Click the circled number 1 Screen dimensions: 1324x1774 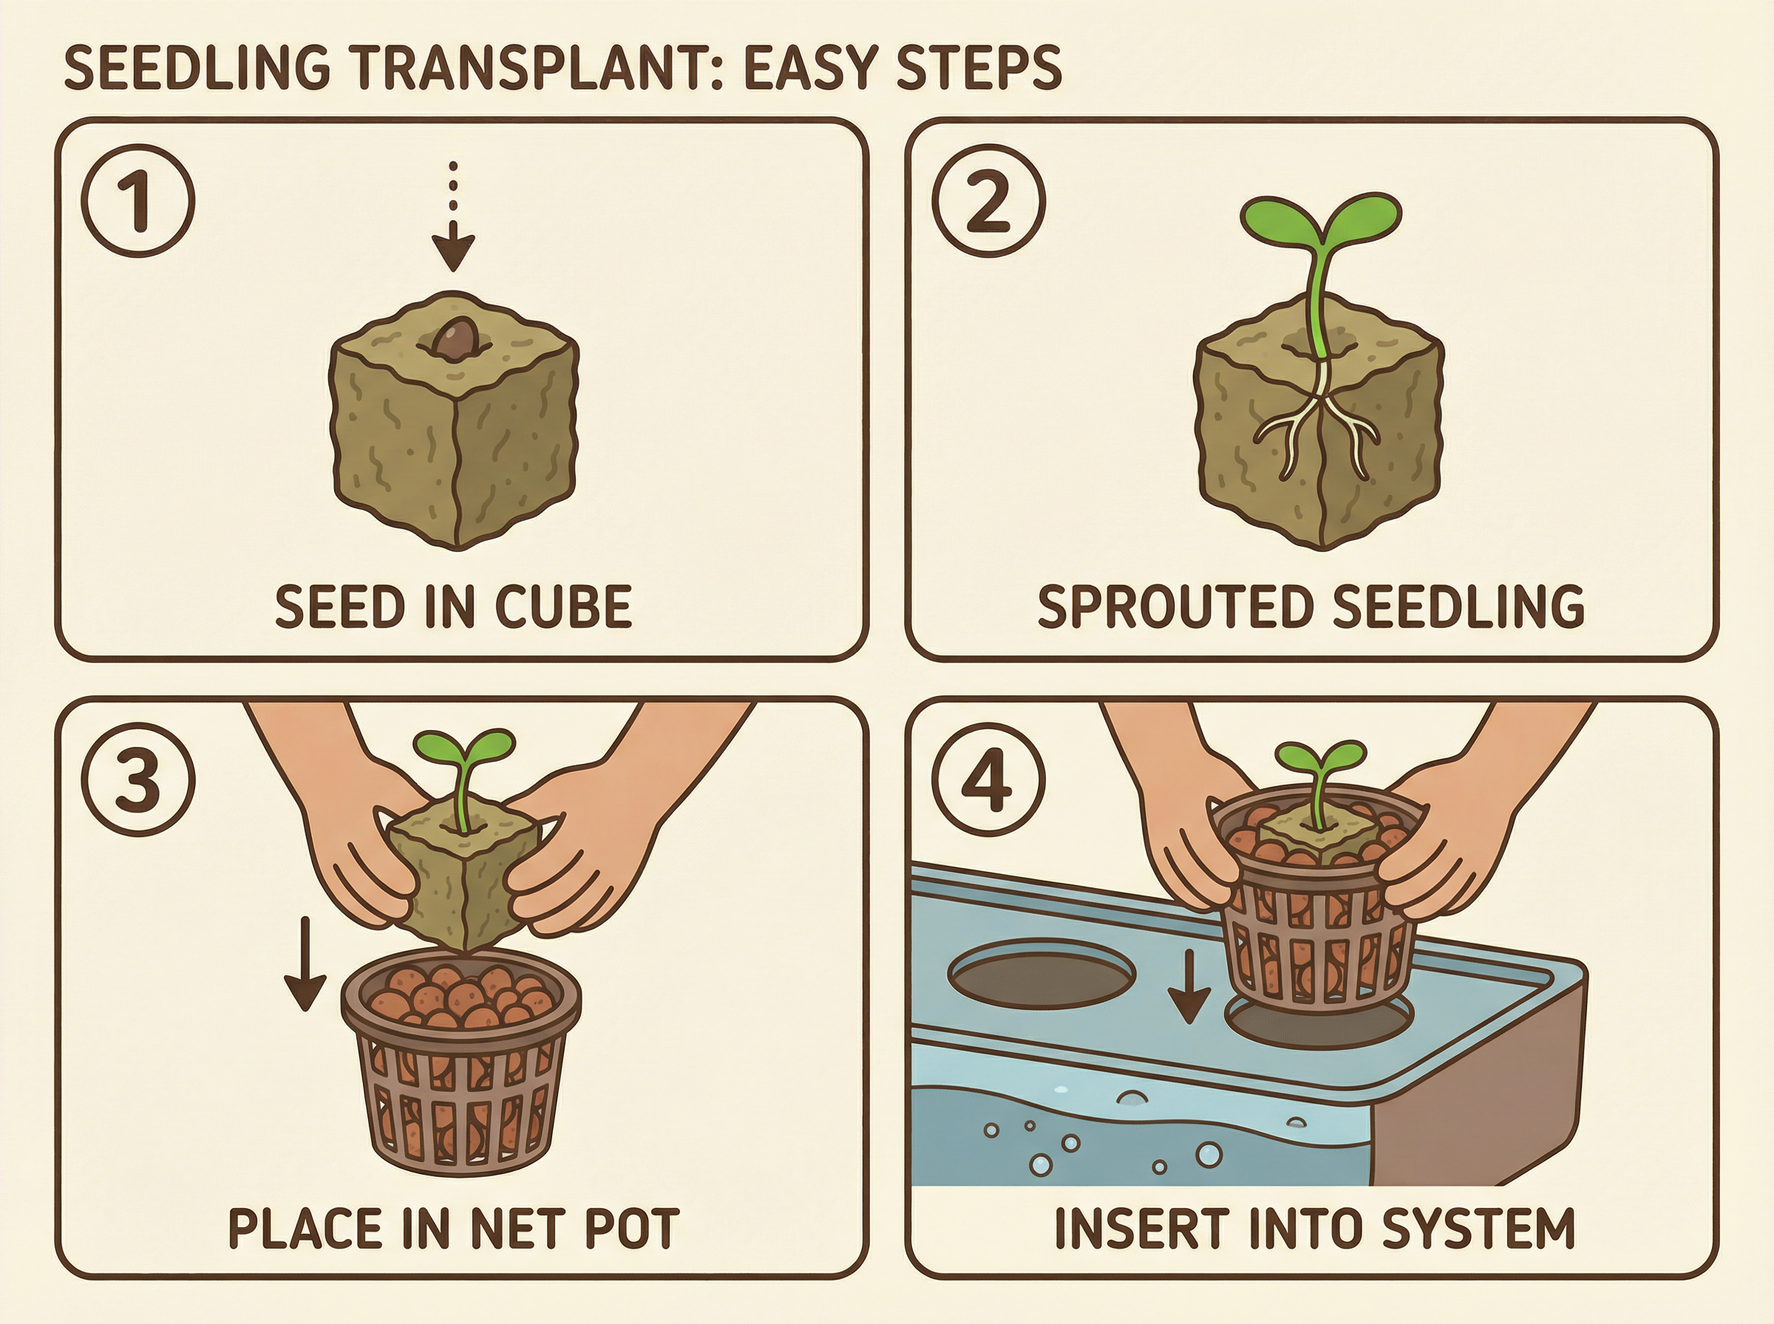click(138, 200)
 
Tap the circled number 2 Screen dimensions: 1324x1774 click(989, 200)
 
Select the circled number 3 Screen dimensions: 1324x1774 click(138, 779)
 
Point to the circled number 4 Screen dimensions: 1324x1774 click(989, 779)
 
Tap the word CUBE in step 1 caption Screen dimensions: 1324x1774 click(563, 607)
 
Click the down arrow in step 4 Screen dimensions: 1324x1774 click(1188, 986)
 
